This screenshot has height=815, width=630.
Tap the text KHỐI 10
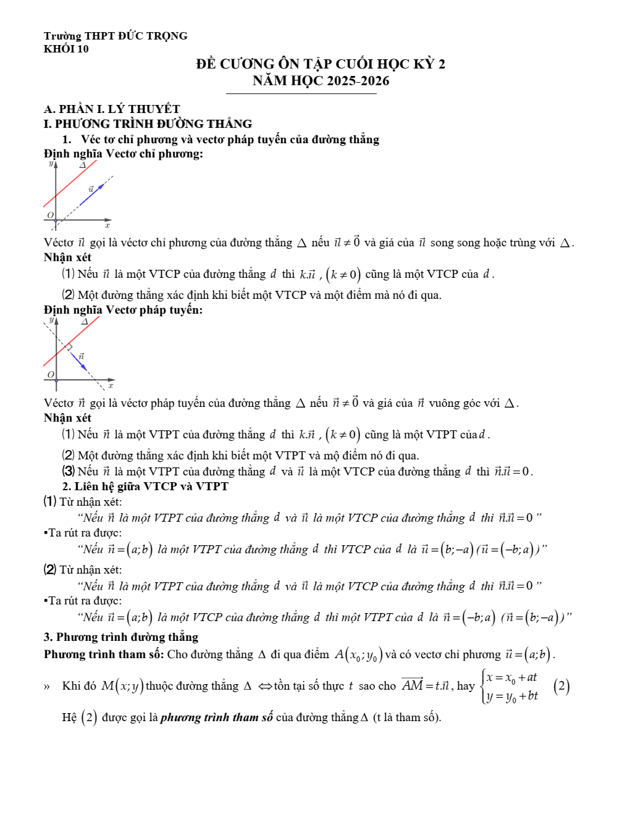point(66,49)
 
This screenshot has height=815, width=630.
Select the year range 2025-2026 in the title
point(358,81)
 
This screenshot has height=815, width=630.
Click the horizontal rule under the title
point(301,94)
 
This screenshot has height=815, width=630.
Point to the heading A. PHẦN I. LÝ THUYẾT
point(112,109)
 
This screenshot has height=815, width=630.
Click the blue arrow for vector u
point(91,194)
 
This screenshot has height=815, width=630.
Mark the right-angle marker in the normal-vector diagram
point(70,347)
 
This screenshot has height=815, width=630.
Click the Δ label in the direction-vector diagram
point(82,165)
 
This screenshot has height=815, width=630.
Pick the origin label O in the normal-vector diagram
point(51,375)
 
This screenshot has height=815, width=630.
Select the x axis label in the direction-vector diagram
point(107,226)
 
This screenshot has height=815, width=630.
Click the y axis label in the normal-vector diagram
point(51,320)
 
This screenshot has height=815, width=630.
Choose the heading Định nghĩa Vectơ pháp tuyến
point(123,309)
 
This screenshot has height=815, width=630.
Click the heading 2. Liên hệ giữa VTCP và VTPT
point(145,487)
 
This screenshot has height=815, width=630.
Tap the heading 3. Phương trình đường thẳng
point(121,637)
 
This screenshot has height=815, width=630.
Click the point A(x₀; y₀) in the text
point(359,654)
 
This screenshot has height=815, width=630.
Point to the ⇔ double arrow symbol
point(266,686)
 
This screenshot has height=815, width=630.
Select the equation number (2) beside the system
point(561,686)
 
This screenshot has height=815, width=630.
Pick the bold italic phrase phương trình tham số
point(216,717)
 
